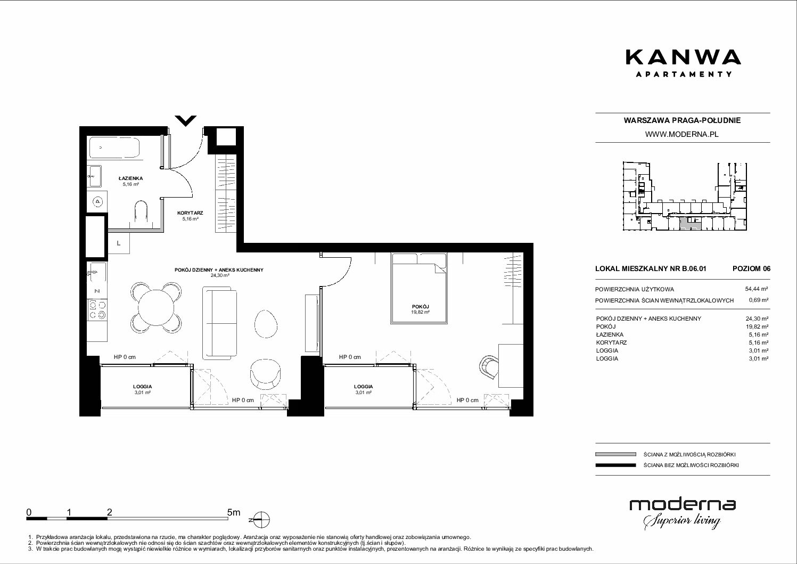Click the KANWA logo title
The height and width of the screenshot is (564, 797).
pos(683,58)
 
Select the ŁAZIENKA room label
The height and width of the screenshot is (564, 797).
pos(130,178)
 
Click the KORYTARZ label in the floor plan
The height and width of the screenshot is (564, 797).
pos(190,213)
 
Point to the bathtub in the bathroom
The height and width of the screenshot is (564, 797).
pos(114,148)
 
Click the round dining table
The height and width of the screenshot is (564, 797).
pos(156,307)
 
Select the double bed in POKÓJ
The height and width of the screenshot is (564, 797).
pos(419,288)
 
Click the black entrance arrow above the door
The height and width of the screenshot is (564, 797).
pos(186,120)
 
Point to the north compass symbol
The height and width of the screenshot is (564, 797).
pos(261,520)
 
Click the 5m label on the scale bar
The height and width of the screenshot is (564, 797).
pos(234,512)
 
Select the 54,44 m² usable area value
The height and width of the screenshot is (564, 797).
pos(757,289)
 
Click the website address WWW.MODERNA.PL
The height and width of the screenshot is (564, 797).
pos(682,134)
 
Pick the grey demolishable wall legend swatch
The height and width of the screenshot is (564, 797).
pos(615,454)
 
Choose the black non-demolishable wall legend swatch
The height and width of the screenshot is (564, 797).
pos(615,465)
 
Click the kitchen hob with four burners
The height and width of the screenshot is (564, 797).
pos(97,309)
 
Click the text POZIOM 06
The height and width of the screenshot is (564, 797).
pos(751,268)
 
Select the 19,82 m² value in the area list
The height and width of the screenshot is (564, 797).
pos(757,326)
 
